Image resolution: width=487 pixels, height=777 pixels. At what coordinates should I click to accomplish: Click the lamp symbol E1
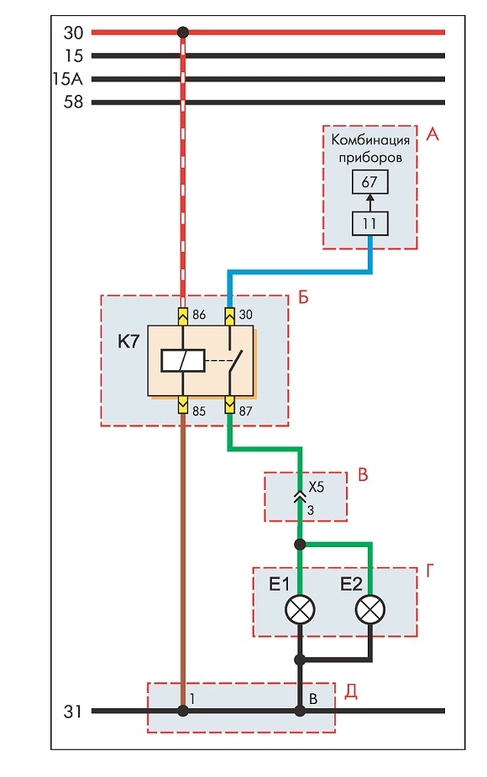click(x=300, y=610)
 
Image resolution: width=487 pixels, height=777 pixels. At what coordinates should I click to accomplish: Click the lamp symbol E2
click(x=370, y=610)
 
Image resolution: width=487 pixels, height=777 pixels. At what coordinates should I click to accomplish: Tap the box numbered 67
click(x=369, y=182)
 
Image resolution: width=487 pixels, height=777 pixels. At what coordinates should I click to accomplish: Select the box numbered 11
click(x=369, y=223)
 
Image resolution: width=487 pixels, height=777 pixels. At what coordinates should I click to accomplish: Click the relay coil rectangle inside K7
click(x=183, y=360)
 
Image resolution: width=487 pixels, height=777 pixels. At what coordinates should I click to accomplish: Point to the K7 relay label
click(x=128, y=342)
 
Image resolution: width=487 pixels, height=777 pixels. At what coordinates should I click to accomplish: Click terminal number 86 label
click(x=198, y=315)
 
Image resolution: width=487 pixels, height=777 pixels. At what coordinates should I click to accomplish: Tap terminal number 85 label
click(x=198, y=411)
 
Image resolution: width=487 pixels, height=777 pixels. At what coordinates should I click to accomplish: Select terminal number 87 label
click(x=245, y=411)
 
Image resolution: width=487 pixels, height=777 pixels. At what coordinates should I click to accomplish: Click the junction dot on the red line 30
click(x=183, y=33)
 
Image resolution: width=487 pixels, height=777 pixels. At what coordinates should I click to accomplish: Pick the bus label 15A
click(x=68, y=79)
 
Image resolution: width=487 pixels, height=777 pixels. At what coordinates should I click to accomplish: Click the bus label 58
click(x=73, y=102)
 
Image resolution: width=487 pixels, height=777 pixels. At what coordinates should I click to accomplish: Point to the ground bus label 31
click(x=72, y=712)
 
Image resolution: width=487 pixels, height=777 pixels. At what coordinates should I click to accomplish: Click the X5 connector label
click(x=316, y=488)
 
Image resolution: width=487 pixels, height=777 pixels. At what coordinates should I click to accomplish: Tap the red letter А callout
click(x=432, y=133)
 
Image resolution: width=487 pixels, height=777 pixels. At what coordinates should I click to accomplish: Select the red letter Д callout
click(x=351, y=691)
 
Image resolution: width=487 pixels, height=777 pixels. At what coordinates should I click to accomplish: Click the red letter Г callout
click(x=429, y=571)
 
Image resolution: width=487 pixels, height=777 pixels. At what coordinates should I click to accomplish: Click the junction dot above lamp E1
click(x=300, y=545)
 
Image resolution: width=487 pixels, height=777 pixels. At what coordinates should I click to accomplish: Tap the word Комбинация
click(x=370, y=140)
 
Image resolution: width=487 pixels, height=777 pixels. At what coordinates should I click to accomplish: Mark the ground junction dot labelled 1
click(x=183, y=711)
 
